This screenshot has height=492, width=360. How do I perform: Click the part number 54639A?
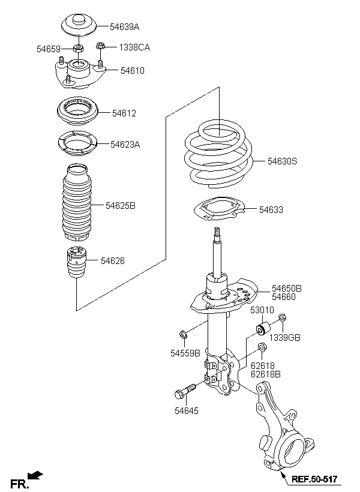[124, 27]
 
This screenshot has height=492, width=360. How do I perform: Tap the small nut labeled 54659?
[78, 49]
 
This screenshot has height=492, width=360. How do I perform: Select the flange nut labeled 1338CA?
[100, 46]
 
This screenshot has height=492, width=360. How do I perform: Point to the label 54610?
[133, 71]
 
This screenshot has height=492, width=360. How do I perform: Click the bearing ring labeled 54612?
[78, 112]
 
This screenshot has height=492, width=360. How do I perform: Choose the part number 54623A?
[125, 145]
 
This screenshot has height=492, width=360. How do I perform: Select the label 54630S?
[282, 161]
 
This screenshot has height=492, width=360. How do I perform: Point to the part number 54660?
[284, 297]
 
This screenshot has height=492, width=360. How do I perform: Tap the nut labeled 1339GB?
[282, 317]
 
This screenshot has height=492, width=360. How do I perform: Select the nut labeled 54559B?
[182, 335]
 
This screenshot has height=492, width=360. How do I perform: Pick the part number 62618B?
[266, 374]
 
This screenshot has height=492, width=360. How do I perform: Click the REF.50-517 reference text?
[314, 479]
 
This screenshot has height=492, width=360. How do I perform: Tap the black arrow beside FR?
[35, 475]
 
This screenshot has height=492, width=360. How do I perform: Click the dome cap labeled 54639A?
[78, 25]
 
